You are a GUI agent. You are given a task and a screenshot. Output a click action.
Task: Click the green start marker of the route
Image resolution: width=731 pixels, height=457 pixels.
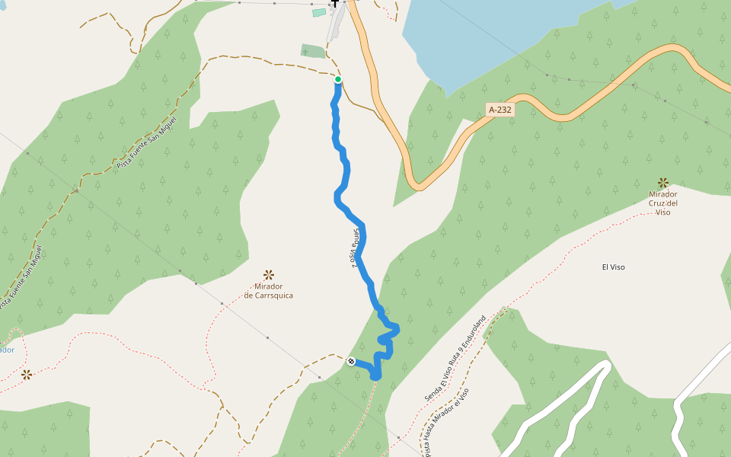click(338, 79)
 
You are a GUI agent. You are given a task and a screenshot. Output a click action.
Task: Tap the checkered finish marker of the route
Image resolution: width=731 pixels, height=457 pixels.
click(351, 361)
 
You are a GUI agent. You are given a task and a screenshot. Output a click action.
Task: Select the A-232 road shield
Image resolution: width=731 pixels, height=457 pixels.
click(500, 110)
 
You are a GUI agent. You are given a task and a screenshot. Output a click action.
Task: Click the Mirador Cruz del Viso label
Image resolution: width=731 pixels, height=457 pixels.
click(663, 203)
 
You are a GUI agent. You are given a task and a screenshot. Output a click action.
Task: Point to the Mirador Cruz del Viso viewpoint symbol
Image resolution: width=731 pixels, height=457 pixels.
click(663, 183)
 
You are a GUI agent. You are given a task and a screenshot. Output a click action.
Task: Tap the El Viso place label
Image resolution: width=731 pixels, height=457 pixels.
click(613, 267)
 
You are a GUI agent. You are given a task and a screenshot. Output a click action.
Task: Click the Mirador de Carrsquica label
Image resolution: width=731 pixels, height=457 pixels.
click(268, 291)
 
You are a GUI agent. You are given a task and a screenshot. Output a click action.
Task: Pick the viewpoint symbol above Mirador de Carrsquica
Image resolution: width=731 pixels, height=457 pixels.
click(268, 274)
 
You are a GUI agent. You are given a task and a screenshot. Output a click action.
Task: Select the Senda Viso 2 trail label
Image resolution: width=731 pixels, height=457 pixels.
click(356, 248)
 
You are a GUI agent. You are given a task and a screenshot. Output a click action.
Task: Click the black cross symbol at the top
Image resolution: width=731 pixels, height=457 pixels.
click(334, 4)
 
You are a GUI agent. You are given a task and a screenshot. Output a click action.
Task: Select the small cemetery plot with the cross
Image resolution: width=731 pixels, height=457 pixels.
click(313, 51)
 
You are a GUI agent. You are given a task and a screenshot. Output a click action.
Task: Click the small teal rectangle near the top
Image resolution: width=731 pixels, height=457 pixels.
click(319, 12)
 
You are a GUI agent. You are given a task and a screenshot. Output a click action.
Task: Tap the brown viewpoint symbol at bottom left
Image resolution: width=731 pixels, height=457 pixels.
click(27, 374)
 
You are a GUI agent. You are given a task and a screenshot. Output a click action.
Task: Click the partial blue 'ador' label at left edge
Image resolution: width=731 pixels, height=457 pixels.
click(6, 350)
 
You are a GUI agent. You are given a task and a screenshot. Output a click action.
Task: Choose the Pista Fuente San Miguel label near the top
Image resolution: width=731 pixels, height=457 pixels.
click(147, 142)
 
